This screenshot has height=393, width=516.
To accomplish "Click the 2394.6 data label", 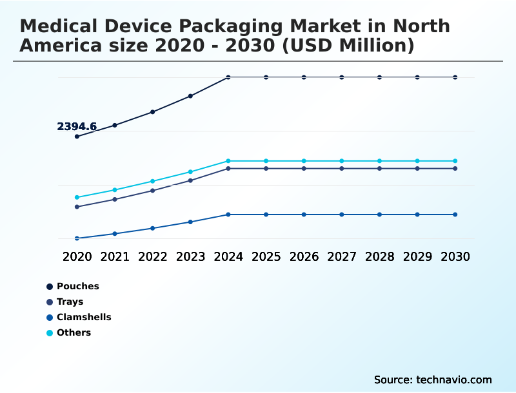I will tap(77, 126).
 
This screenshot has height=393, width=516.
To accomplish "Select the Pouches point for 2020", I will tap(77, 137).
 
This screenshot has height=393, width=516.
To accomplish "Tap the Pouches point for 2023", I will tap(190, 96).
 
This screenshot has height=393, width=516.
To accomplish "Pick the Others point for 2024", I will tap(228, 161).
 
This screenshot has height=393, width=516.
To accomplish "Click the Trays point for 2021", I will tap(115, 199).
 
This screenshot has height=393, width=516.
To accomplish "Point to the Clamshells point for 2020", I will tap(77, 238).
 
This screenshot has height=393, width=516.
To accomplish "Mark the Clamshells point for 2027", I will tap(342, 215).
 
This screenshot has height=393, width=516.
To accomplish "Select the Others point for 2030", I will tap(455, 161).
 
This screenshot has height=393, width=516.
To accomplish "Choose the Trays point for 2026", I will tap(304, 169).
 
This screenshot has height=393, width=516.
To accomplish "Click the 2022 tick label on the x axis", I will tap(153, 256).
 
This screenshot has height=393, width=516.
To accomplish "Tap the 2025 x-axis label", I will tap(266, 256).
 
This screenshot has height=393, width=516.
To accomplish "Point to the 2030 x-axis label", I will tap(455, 256).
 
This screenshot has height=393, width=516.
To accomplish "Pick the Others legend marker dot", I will tap(50, 333).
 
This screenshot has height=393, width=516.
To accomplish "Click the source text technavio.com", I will tap(454, 379).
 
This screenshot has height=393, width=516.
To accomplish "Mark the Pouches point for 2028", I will tap(379, 77).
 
